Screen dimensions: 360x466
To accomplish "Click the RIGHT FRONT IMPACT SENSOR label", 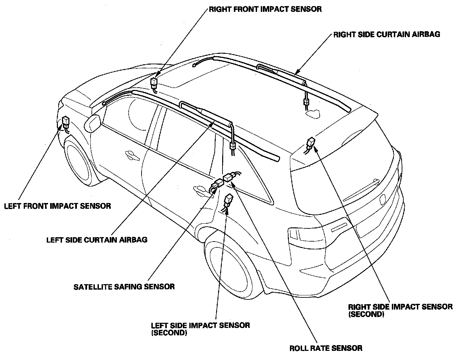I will (x=265, y=9).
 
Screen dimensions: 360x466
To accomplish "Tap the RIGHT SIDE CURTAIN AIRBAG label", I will (x=387, y=35).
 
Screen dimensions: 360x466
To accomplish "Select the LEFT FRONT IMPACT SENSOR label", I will (x=58, y=206).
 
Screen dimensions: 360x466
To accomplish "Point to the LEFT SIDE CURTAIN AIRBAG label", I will (x=97, y=240).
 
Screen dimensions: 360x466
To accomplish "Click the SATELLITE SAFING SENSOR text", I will (x=124, y=287).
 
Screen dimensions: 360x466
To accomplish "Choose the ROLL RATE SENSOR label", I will (x=326, y=348).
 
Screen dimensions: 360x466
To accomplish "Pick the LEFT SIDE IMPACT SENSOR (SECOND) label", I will (x=200, y=328).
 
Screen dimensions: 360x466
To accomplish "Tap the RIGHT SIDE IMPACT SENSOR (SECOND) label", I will (x=400, y=310).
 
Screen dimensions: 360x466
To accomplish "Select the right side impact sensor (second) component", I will (x=311, y=143).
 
